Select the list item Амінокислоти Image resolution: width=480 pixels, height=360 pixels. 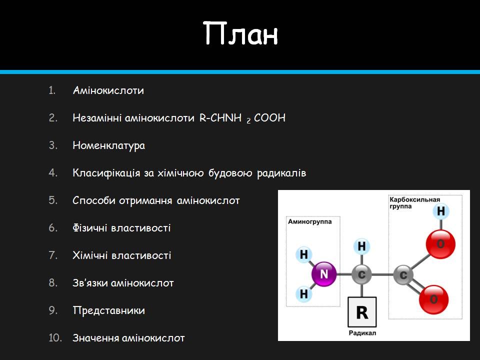coord(108,90)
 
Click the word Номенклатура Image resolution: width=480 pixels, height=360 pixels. coord(108,145)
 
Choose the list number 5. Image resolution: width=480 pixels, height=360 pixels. coord(53,200)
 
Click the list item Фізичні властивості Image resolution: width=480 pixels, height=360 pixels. coord(121,228)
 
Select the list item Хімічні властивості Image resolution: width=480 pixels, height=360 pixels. coord(121,255)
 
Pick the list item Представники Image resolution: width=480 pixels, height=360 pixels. coord(108,310)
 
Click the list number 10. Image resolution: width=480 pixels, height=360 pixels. coord(55,338)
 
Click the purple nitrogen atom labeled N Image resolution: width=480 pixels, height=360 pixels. coord(324,274)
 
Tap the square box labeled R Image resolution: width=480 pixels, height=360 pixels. coord(362,312)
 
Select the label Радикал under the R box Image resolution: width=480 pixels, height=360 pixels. coord(362,333)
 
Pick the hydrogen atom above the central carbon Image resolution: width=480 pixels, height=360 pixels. coord(362,246)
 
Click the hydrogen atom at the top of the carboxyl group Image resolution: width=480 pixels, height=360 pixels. coord(440,211)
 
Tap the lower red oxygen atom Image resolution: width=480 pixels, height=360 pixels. coord(433,299)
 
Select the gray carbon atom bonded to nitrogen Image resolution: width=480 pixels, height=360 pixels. coord(362,274)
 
